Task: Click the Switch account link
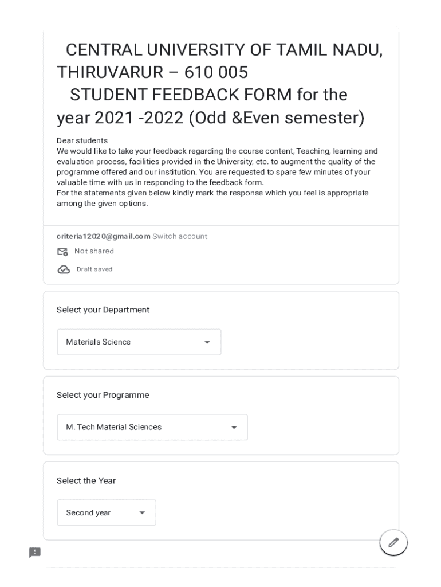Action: pyautogui.click(x=180, y=236)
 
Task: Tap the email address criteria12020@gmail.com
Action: pyautogui.click(x=103, y=236)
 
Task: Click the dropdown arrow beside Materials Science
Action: pyautogui.click(x=207, y=342)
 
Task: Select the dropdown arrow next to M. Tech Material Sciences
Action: pyautogui.click(x=234, y=428)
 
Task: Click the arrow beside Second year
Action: pyautogui.click(x=142, y=513)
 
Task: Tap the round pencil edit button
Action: pyautogui.click(x=393, y=542)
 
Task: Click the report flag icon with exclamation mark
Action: pyautogui.click(x=35, y=553)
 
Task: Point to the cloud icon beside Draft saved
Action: pyautogui.click(x=64, y=269)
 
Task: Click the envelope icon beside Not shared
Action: pyautogui.click(x=62, y=252)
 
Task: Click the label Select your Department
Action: pyautogui.click(x=103, y=310)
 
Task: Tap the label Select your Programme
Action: pyautogui.click(x=103, y=395)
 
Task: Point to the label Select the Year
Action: pyautogui.click(x=86, y=480)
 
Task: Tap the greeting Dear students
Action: pyautogui.click(x=82, y=140)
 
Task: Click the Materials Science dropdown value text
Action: pyautogui.click(x=98, y=342)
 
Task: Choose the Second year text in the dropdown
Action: pyautogui.click(x=88, y=513)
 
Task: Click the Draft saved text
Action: pyautogui.click(x=94, y=269)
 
